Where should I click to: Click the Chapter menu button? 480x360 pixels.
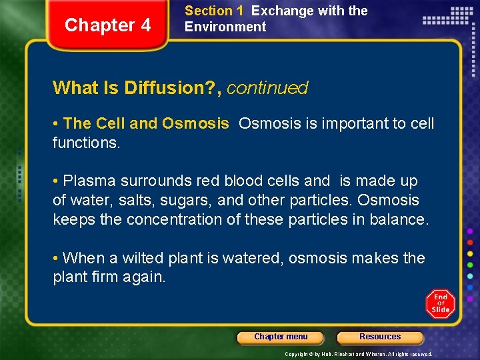(x=281, y=337)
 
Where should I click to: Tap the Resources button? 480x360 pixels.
(x=380, y=337)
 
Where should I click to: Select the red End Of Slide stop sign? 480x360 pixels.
(x=440, y=303)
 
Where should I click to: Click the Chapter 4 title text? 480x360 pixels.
(x=108, y=25)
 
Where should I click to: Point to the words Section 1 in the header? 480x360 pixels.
(x=213, y=11)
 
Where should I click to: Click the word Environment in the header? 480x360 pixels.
(x=225, y=27)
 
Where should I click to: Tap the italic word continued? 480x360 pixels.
(x=267, y=88)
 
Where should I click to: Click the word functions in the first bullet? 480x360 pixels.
(x=84, y=143)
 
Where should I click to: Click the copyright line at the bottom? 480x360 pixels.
(x=358, y=354)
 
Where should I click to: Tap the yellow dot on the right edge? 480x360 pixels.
(x=470, y=253)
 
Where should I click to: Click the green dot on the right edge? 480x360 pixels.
(x=470, y=265)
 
